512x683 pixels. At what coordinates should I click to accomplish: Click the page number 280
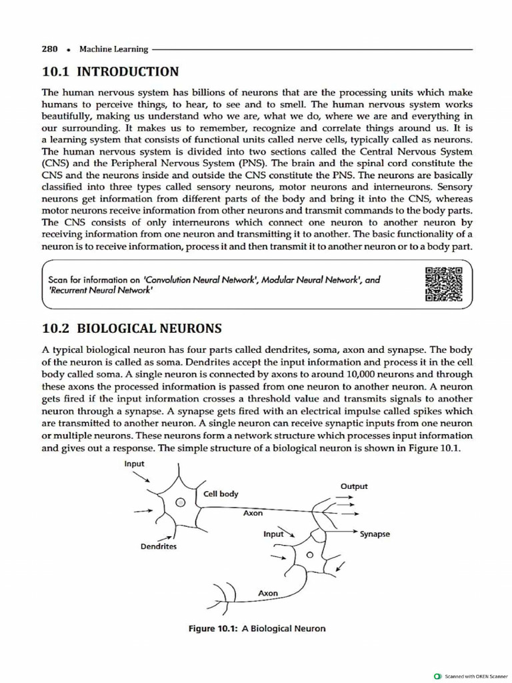[x=50, y=49]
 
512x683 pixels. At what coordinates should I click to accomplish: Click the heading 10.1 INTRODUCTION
[x=110, y=71]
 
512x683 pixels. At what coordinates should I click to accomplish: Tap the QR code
[x=443, y=283]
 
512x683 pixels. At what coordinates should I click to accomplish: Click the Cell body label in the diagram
[x=221, y=494]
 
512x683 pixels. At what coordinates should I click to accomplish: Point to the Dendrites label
[x=158, y=546]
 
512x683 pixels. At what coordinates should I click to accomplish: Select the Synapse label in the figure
[x=375, y=534]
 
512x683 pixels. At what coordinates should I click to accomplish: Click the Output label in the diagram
[x=353, y=486]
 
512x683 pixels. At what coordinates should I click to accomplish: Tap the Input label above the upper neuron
[x=134, y=463]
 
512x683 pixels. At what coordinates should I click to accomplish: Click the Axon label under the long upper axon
[x=253, y=513]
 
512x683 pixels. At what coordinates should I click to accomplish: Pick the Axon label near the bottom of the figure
[x=267, y=593]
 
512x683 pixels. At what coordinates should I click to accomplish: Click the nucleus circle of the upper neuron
[x=179, y=504]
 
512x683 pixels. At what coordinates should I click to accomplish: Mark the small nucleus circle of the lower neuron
[x=309, y=555]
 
